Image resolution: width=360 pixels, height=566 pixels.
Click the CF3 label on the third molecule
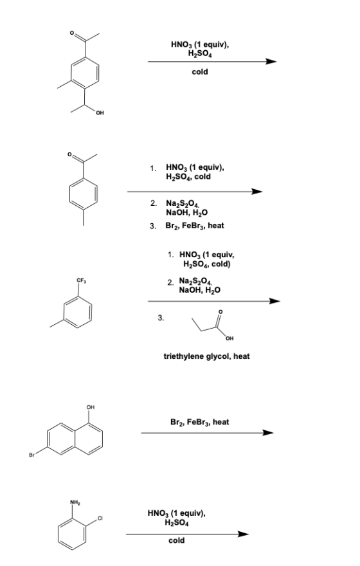(80, 280)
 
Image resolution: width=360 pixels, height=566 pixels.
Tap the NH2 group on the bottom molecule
(75, 502)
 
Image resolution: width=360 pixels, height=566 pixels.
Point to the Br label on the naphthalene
(32, 455)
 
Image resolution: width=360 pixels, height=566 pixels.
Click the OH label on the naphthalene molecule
(91, 407)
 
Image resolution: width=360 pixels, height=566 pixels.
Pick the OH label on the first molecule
(100, 113)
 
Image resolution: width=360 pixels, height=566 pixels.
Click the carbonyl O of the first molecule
(72, 33)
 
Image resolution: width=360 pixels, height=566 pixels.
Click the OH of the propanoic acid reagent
(230, 338)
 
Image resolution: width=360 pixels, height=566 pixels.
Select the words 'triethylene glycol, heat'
(207, 356)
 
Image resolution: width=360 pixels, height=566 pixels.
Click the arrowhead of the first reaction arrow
(271, 61)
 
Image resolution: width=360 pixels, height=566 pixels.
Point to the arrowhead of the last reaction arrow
(244, 534)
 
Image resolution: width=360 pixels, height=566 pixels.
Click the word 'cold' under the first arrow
(200, 72)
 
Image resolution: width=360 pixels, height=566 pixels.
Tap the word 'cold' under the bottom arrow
(176, 540)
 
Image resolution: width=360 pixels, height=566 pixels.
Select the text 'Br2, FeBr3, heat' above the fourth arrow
(199, 422)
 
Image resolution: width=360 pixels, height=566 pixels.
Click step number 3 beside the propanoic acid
(161, 318)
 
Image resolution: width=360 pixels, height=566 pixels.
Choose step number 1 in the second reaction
(153, 168)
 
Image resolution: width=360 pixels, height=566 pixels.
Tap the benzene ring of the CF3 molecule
(78, 312)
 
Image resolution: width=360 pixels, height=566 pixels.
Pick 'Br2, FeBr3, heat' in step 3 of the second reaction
(195, 226)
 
